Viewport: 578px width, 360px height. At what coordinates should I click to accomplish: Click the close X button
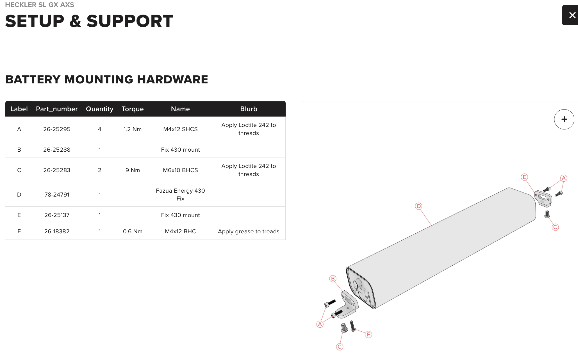click(x=571, y=15)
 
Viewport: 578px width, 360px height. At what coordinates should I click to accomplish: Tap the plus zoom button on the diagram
click(x=564, y=119)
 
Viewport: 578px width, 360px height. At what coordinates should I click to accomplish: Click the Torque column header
click(x=133, y=109)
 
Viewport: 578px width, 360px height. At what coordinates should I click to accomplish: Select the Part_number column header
click(x=57, y=109)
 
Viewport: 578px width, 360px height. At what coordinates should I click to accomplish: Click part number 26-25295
click(x=57, y=129)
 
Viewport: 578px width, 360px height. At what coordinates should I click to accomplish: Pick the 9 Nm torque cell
click(x=133, y=170)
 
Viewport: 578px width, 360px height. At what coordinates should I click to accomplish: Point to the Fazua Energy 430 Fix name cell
click(x=180, y=195)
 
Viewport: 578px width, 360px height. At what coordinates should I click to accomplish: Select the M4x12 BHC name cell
click(x=180, y=231)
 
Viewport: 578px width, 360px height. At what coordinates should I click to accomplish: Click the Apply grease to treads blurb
click(x=249, y=231)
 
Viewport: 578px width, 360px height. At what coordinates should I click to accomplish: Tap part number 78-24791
click(x=57, y=195)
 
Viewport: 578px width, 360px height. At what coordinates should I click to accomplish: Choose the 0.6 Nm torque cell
click(x=133, y=231)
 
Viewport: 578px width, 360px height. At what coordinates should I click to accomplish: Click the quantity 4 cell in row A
click(x=99, y=129)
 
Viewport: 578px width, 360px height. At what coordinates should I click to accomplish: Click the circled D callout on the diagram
click(x=419, y=206)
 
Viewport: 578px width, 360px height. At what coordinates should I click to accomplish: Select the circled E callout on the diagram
click(x=524, y=177)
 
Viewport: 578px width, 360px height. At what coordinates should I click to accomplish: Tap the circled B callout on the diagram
click(x=333, y=279)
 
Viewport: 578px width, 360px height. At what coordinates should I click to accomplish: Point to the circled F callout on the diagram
click(x=368, y=334)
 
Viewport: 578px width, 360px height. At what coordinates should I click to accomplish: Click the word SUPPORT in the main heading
click(x=130, y=21)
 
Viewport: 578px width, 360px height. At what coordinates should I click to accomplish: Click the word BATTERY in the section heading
click(x=33, y=79)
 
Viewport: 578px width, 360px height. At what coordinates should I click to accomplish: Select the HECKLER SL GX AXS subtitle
click(x=40, y=5)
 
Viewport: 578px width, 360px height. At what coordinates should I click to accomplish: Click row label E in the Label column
click(x=19, y=215)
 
